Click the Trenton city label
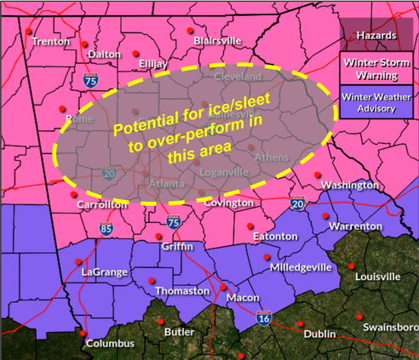click(x=50, y=40)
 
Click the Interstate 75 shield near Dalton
click(x=90, y=82)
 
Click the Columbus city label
click(x=107, y=343)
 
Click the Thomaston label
click(x=181, y=291)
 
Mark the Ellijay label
click(x=150, y=63)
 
